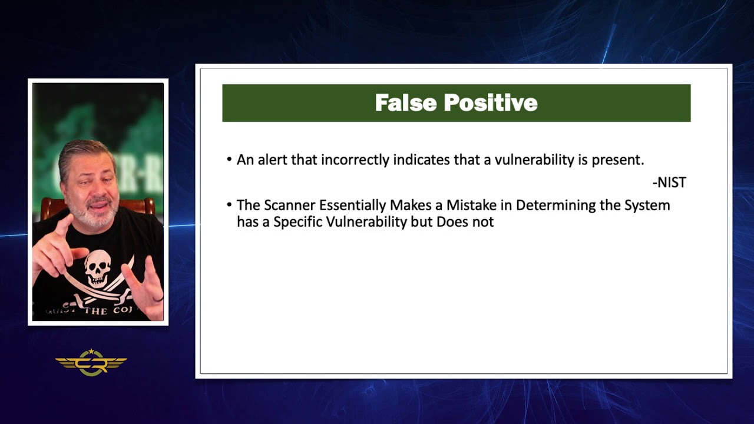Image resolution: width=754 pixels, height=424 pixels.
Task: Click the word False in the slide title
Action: point(406,103)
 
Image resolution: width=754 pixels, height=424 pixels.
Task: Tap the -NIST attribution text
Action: point(669,183)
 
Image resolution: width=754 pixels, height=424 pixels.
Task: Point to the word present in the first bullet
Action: point(619,160)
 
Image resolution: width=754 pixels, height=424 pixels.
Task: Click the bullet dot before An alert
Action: point(229,160)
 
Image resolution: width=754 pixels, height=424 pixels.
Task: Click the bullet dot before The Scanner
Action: point(229,206)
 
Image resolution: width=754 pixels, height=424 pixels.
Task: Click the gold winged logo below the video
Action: point(91,362)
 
